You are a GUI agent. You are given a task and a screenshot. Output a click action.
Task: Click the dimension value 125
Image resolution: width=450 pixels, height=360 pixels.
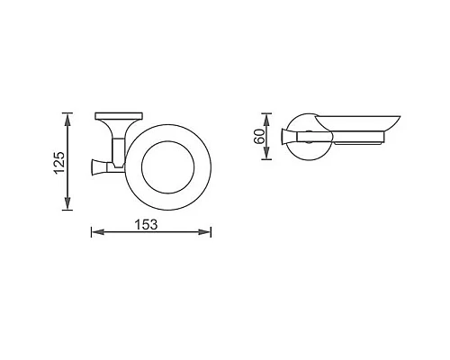(x=58, y=162)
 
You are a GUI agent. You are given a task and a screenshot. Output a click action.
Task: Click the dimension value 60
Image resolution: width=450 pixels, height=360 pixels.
(x=258, y=137)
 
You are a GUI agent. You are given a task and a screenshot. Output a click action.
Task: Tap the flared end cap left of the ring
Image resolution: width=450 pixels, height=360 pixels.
(x=97, y=165)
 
